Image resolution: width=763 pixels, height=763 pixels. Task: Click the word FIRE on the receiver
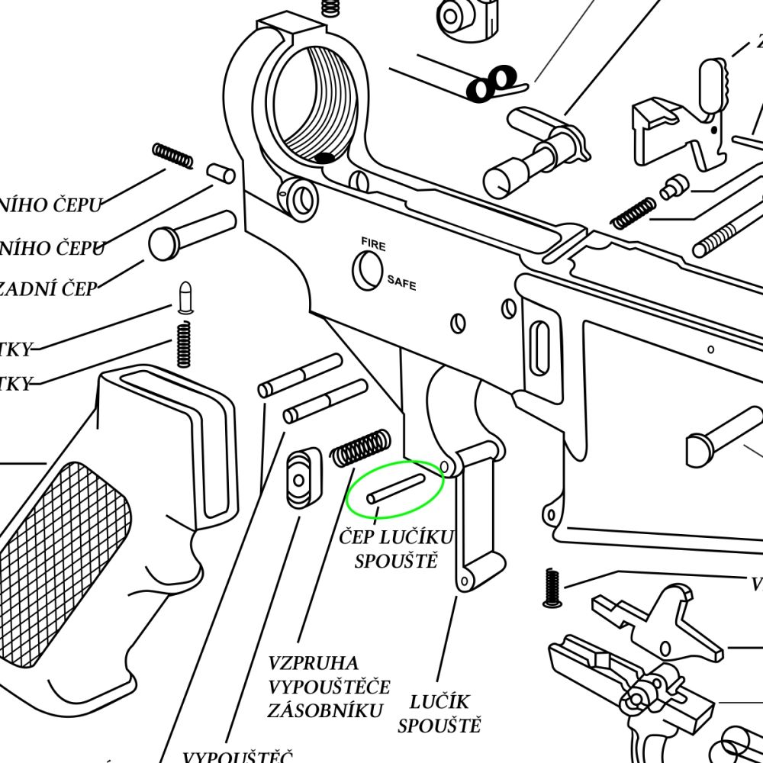tap(373, 244)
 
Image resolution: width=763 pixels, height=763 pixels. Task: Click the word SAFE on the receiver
tap(401, 282)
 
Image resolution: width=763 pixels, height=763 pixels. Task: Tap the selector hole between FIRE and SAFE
tap(368, 269)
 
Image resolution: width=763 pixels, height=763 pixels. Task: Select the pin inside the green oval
tap(395, 488)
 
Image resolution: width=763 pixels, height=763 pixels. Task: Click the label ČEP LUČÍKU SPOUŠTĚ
tap(396, 549)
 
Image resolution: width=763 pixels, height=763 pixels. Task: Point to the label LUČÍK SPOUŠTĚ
tap(439, 713)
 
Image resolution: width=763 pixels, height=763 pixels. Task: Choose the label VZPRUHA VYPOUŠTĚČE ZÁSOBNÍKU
tap(328, 687)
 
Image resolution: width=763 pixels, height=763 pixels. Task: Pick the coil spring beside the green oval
tap(360, 447)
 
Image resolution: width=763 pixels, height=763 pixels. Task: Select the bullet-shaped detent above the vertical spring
tap(184, 298)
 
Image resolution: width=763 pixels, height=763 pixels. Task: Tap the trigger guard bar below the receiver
tap(473, 519)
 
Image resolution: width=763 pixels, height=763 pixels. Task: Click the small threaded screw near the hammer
tap(552, 588)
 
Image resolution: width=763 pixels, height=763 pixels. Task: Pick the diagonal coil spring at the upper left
tap(172, 156)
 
